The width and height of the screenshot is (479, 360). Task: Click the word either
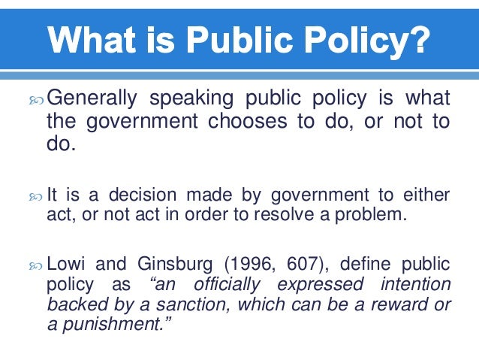pyautogui.click(x=428, y=195)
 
